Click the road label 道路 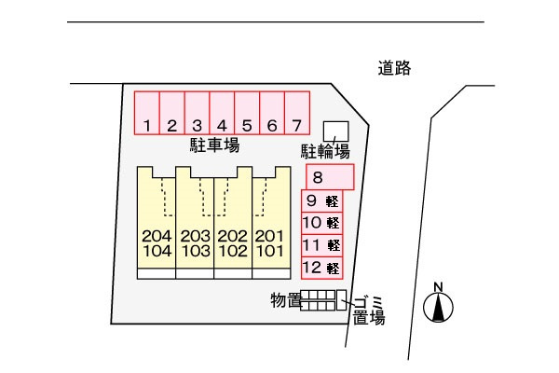click(x=395, y=68)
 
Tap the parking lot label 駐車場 click(x=215, y=145)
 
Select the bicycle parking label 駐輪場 click(x=324, y=152)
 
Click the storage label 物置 click(x=285, y=299)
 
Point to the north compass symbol click(x=439, y=307)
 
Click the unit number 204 click(x=157, y=236)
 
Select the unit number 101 click(x=268, y=251)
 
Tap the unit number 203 click(x=195, y=236)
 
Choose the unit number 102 click(x=231, y=251)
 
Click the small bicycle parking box click(x=334, y=131)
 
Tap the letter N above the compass click(x=439, y=285)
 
